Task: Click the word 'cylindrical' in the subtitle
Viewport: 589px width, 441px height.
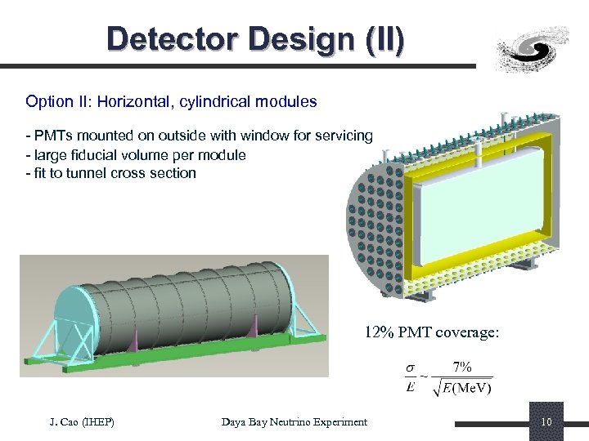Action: click(225, 102)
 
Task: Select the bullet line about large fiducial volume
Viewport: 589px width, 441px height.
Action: click(135, 154)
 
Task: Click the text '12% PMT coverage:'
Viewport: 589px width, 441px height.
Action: click(431, 332)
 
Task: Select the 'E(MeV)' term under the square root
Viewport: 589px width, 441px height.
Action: click(464, 387)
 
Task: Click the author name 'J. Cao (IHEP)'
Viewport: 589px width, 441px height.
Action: click(82, 421)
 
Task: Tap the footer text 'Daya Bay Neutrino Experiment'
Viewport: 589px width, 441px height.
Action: click(294, 421)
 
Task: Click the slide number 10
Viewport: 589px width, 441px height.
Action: click(546, 421)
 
